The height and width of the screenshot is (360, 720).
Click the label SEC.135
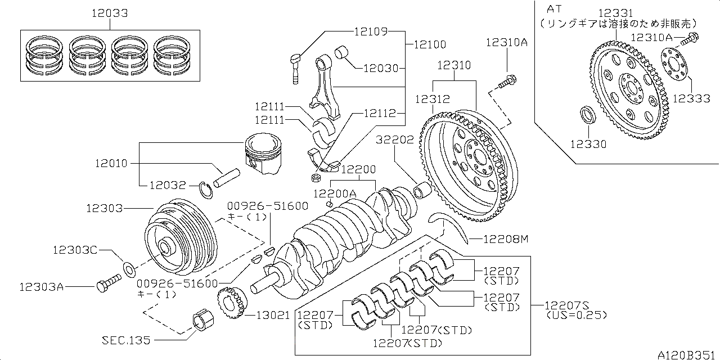[127, 340]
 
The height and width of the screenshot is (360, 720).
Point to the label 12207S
[566, 305]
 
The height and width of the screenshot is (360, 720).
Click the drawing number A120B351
[688, 354]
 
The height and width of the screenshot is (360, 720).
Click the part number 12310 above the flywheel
[454, 65]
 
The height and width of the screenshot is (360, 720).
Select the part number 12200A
[335, 193]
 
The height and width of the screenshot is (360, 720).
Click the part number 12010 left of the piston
[111, 163]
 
